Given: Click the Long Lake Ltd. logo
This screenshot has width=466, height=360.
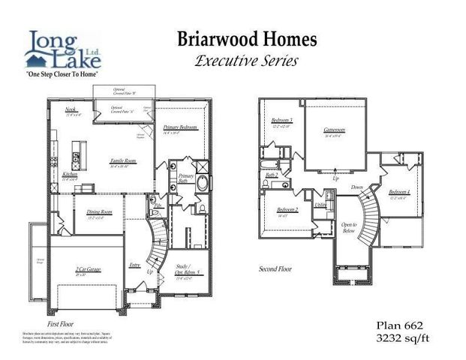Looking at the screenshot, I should tap(63, 53).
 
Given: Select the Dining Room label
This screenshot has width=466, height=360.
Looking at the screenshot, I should tap(100, 213).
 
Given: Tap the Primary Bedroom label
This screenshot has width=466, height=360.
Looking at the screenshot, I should tap(180, 127).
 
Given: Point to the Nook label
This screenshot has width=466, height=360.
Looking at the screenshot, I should tap(71, 110).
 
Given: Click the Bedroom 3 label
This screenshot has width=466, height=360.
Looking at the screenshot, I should tap(281, 121).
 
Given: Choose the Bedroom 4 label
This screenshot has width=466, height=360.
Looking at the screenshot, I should tap(399, 193).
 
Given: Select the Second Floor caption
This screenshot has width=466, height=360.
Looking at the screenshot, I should tap(276, 268).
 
